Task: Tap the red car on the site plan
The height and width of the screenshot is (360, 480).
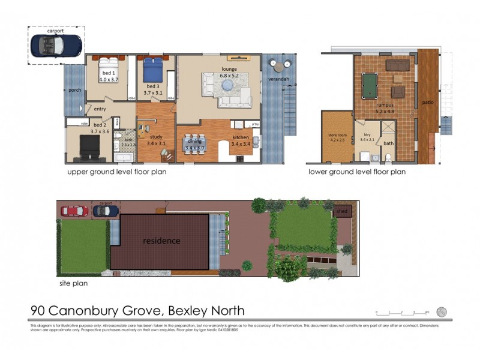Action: (74, 211)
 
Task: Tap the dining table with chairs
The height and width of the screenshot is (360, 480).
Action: (194, 143)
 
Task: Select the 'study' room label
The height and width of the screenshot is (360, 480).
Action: (156, 137)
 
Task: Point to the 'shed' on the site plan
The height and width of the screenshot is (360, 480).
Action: (342, 212)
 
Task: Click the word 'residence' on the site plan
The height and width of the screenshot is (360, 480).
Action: (161, 241)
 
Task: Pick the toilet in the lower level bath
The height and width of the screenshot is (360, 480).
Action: (388, 157)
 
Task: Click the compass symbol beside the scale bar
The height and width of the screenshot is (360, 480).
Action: (442, 311)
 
